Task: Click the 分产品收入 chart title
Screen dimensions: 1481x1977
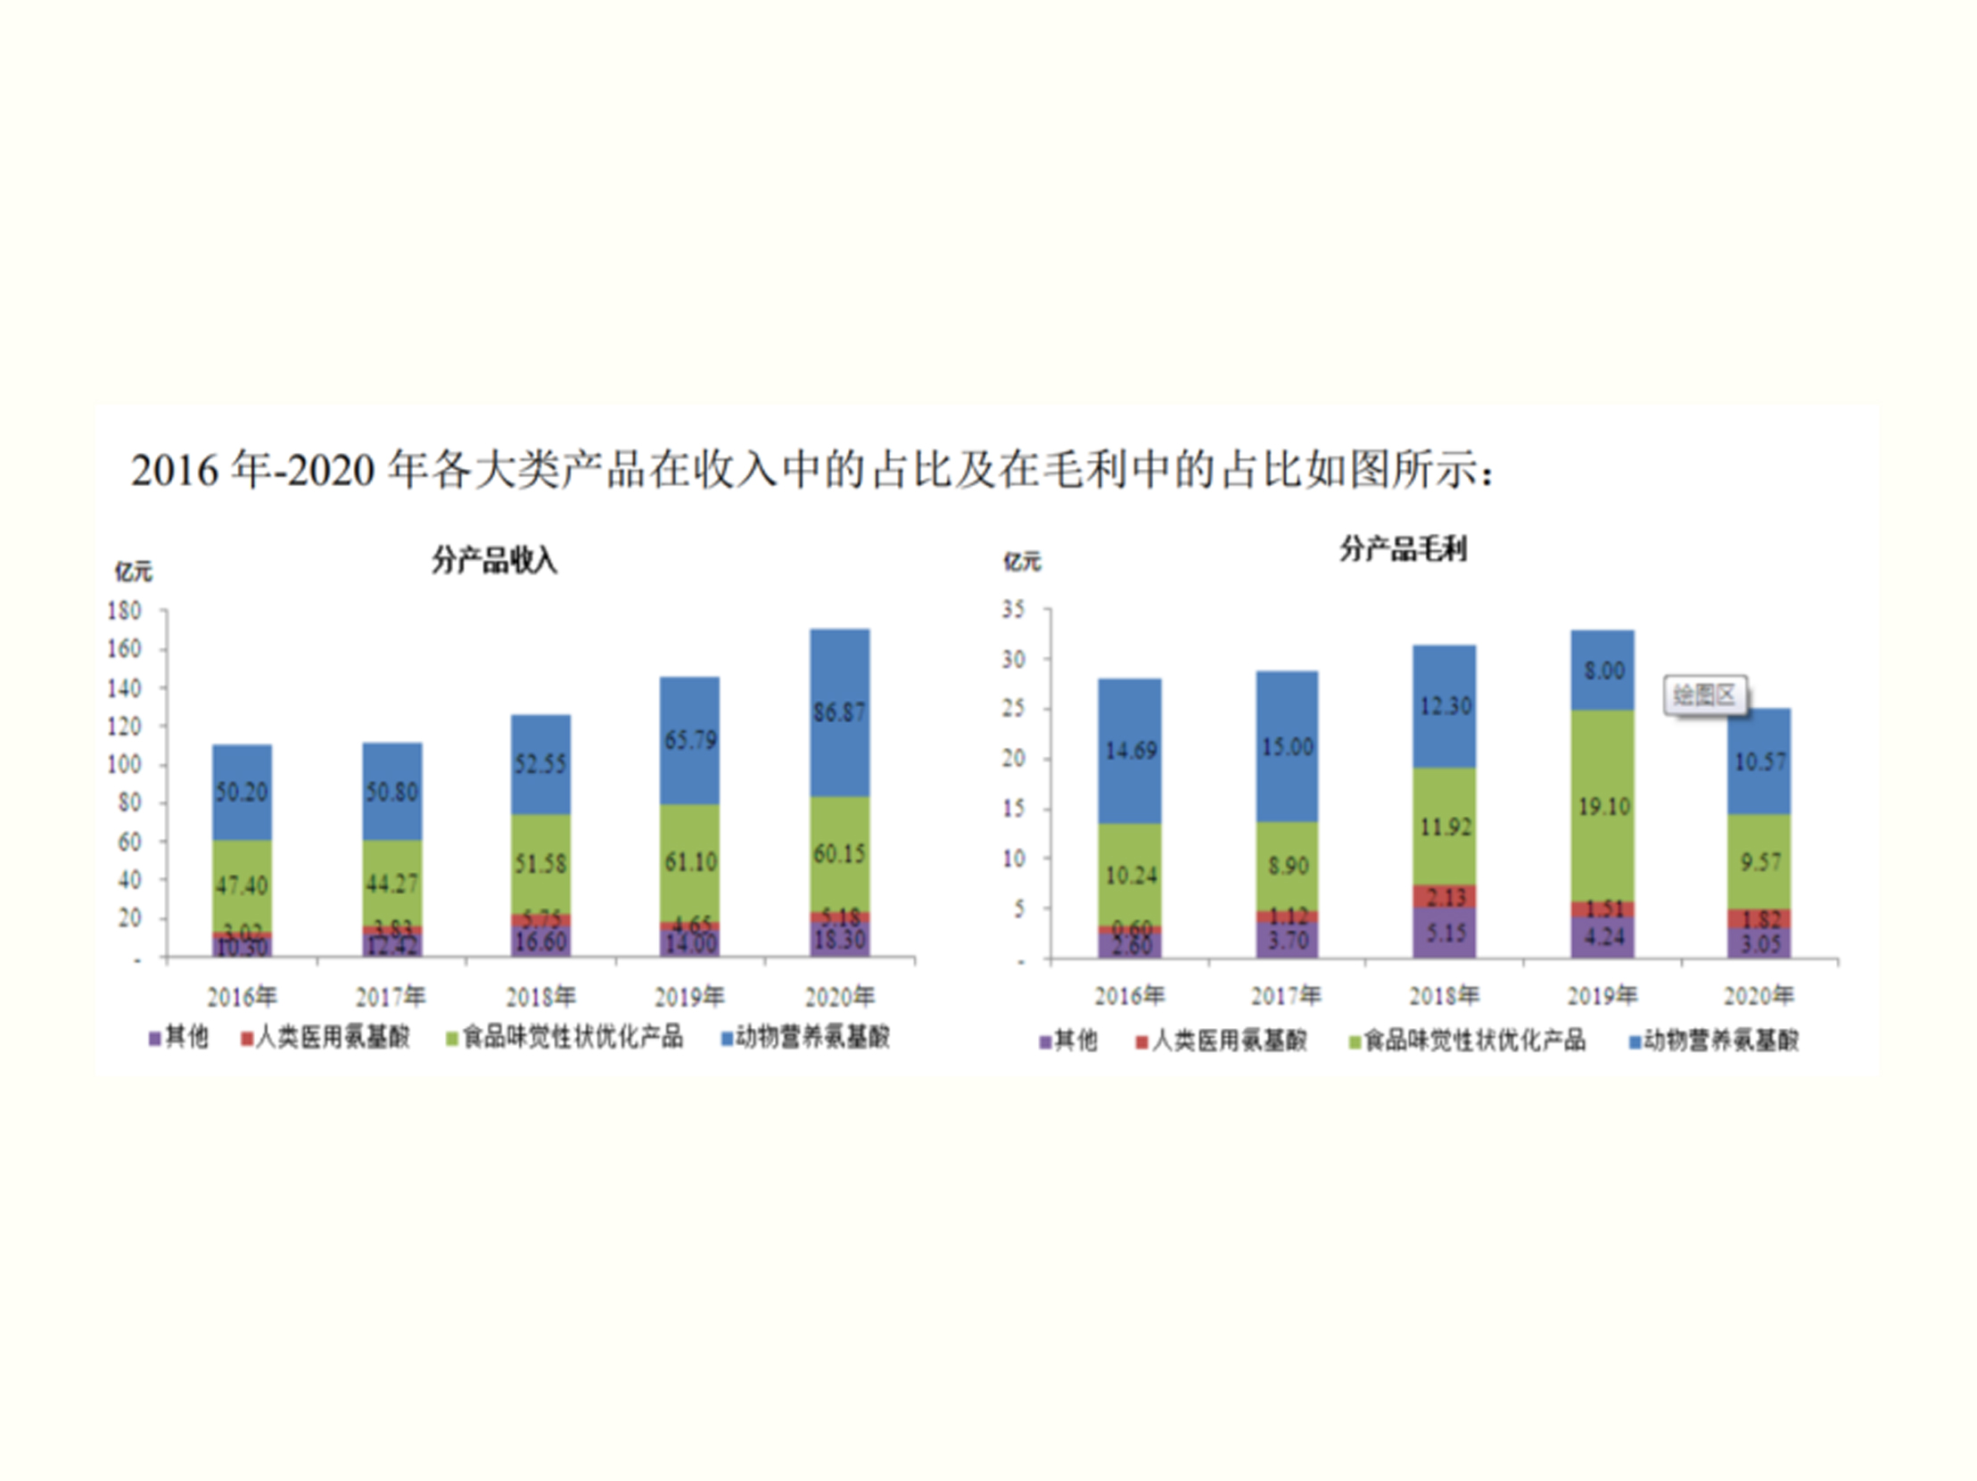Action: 494,562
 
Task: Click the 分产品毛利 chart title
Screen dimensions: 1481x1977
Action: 1403,548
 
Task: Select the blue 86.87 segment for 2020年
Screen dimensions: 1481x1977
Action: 839,712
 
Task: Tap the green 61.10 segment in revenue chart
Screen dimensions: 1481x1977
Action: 690,862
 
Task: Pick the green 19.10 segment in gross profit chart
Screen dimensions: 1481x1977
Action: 1603,807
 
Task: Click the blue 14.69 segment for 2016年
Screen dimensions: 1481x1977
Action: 1131,751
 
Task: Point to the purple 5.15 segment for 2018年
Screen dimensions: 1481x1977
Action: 1446,934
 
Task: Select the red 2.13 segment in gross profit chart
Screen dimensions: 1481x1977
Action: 1446,896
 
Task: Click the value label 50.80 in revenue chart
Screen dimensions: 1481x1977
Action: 391,793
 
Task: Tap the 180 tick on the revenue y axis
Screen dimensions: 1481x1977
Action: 124,612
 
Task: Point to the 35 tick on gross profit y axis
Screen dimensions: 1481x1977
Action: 1014,610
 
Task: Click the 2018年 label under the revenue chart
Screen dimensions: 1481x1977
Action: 540,997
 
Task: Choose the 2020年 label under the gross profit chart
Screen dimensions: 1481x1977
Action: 1758,996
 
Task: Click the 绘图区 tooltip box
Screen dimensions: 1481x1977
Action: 1704,695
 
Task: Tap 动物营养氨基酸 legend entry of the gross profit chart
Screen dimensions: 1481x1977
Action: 1713,1041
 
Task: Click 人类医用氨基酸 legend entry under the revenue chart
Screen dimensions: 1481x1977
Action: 325,1037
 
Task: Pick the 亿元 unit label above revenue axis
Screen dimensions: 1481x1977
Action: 133,572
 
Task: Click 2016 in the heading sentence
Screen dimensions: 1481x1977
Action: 174,471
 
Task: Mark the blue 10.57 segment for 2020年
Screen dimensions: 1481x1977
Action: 1759,761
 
